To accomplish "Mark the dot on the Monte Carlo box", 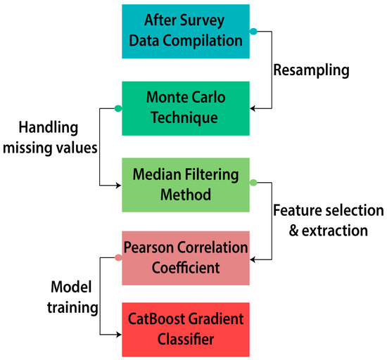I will point(118,108).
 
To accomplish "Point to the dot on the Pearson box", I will point(118,257).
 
